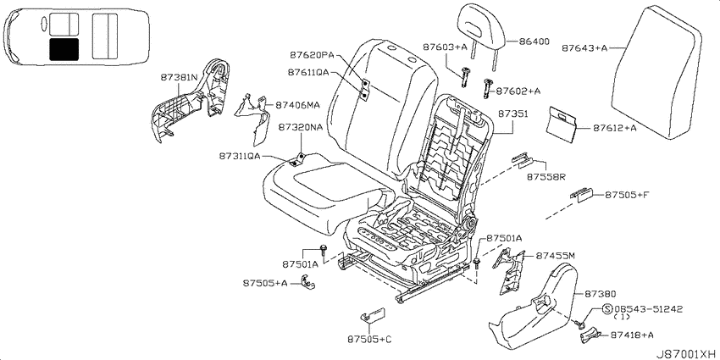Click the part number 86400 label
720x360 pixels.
click(534, 42)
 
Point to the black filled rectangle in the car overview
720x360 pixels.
click(64, 50)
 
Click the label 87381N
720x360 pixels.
click(179, 78)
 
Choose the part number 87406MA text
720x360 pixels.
click(297, 105)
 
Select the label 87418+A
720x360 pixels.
click(632, 335)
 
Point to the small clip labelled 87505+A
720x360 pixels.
click(308, 282)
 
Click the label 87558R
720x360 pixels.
click(546, 177)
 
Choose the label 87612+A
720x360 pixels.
click(614, 128)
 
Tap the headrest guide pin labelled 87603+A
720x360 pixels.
click(465, 75)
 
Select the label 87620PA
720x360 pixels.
click(312, 55)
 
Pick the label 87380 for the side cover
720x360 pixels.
click(601, 294)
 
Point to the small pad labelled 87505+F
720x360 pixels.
click(582, 195)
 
